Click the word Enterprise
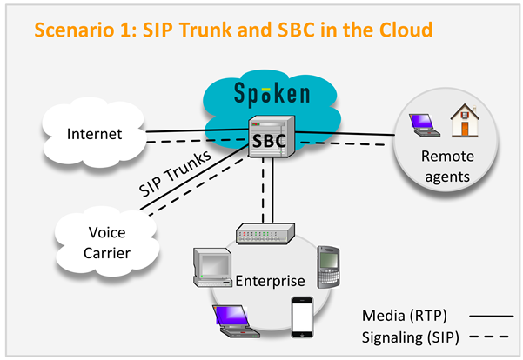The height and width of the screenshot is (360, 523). pyautogui.click(x=270, y=281)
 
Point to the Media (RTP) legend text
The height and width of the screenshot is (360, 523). pyautogui.click(x=412, y=313)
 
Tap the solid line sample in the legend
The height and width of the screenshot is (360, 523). pyautogui.click(x=484, y=314)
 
